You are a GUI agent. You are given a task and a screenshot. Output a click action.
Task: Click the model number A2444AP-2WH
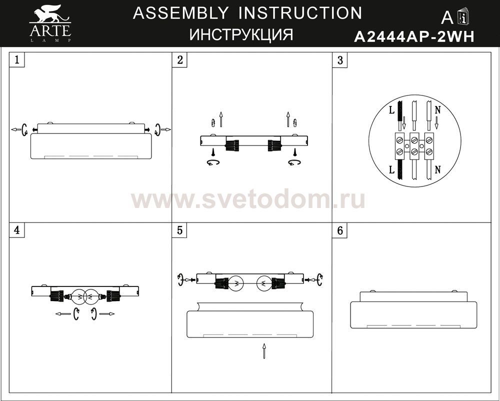(x=414, y=36)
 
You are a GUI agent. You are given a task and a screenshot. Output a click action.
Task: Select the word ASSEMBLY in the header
(x=180, y=13)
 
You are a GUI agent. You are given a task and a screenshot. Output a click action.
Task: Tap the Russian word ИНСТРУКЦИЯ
(x=241, y=34)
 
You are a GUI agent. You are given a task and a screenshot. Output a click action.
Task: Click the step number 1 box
(x=17, y=59)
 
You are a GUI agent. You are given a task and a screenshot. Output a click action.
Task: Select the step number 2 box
(x=180, y=59)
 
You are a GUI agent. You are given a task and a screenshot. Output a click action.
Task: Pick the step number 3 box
(x=340, y=59)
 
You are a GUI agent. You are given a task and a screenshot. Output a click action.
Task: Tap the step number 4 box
(x=17, y=230)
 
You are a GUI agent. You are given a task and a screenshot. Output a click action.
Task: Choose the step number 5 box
(x=180, y=230)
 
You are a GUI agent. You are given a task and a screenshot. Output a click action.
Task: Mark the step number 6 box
(x=340, y=230)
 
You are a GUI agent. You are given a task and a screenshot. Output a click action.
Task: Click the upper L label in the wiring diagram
(x=391, y=110)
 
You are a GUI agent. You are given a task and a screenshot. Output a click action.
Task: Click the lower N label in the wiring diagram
(x=437, y=170)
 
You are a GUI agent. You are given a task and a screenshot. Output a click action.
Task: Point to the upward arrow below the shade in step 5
(x=264, y=351)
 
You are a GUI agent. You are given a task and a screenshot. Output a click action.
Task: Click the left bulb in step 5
(x=236, y=283)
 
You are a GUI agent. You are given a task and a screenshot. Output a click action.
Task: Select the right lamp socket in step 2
(x=274, y=145)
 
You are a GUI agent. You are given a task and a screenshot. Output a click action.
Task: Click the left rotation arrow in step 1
(x=24, y=129)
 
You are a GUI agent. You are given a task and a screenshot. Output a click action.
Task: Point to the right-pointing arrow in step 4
(x=107, y=314)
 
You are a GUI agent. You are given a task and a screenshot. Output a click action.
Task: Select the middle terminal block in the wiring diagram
(x=414, y=145)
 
